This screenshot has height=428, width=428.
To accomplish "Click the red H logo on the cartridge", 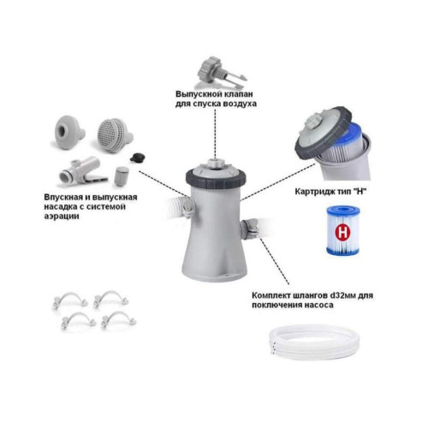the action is pos(342,233).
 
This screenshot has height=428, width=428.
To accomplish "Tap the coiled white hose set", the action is pos(314,343).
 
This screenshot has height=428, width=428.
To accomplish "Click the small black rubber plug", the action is pos(137,157).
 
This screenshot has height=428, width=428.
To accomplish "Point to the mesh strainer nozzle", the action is pos(115,135).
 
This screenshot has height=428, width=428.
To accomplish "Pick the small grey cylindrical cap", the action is pos(122,176).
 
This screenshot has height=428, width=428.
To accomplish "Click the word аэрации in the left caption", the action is pos(62,216).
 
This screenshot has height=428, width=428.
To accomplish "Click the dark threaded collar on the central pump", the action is pos(216,177).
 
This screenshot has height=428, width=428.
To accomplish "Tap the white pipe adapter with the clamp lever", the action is pos(83,171).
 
